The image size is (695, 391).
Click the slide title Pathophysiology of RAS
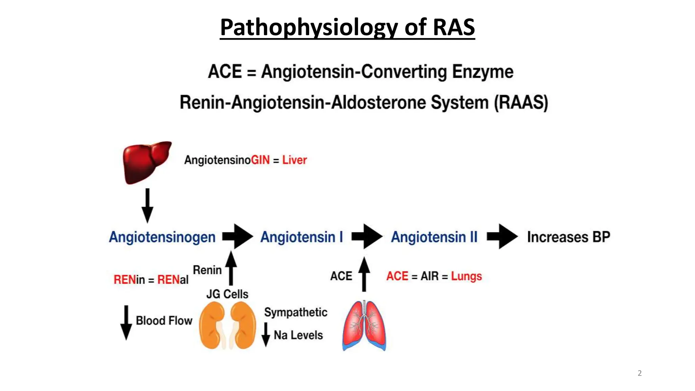(347, 27)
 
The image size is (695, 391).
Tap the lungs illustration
(364, 326)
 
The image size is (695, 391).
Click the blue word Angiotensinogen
(162, 237)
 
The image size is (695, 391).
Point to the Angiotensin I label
(302, 237)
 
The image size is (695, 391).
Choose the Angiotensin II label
(434, 237)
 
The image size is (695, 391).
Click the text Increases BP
(568, 237)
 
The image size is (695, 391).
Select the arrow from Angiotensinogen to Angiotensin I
(238, 237)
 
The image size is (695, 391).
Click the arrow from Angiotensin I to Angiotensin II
(367, 237)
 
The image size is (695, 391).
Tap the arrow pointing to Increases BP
(502, 237)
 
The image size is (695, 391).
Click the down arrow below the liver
(147, 206)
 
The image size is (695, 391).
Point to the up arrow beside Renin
(231, 268)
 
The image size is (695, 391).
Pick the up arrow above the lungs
(364, 274)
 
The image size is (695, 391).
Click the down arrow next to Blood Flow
(126, 322)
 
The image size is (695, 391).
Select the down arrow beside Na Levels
(266, 335)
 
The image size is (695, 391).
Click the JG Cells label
(227, 294)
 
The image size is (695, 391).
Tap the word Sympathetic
(296, 312)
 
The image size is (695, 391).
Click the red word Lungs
(466, 276)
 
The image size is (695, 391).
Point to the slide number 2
(640, 373)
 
